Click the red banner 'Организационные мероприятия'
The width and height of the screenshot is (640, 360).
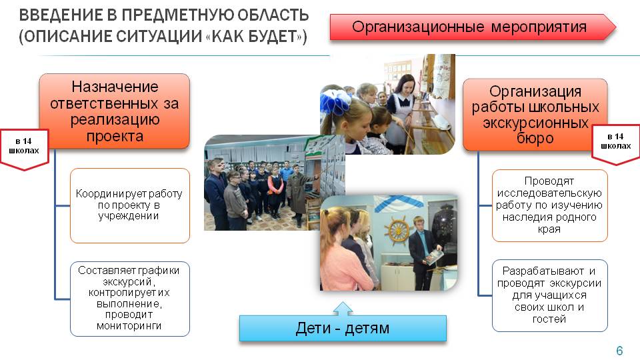(473, 27)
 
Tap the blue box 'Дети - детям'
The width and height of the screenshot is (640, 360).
(343, 328)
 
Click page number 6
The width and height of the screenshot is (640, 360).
(619, 350)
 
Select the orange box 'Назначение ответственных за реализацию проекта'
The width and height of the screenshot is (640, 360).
(114, 111)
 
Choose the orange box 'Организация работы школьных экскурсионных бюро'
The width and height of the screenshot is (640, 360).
(535, 115)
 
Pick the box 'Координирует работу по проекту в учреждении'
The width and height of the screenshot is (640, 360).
(130, 205)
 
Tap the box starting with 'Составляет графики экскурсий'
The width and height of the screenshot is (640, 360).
(130, 299)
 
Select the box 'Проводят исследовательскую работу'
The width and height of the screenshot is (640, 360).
(549, 205)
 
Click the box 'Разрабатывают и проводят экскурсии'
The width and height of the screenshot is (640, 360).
(549, 295)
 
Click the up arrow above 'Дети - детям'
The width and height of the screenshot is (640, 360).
(343, 309)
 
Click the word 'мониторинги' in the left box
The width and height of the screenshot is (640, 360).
(129, 326)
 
